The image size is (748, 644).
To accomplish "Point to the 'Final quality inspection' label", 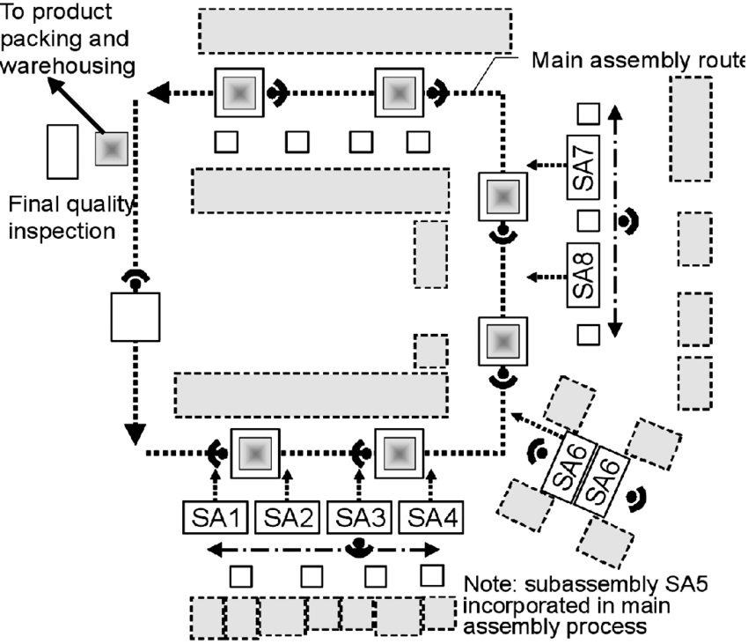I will [70, 219].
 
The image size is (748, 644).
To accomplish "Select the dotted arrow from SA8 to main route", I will [546, 276].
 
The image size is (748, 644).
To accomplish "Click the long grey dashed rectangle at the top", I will [355, 32].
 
